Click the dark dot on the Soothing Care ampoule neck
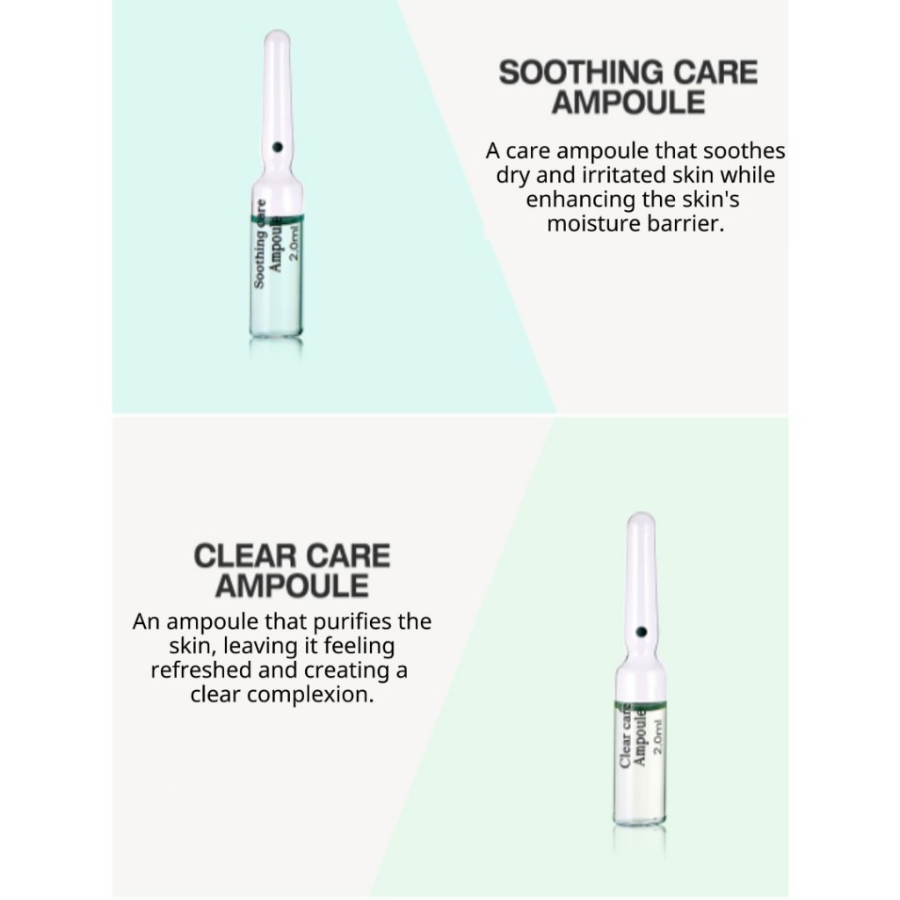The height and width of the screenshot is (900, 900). click(x=277, y=148)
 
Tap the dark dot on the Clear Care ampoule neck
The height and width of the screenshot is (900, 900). click(x=641, y=632)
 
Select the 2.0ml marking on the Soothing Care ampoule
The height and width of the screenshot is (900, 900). click(x=294, y=243)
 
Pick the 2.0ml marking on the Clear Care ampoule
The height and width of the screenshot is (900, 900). click(x=657, y=737)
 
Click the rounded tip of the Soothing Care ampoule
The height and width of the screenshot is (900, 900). click(x=277, y=36)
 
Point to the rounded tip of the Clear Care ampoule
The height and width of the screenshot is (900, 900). click(x=641, y=519)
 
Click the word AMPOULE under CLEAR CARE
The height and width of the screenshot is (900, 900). click(x=292, y=586)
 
